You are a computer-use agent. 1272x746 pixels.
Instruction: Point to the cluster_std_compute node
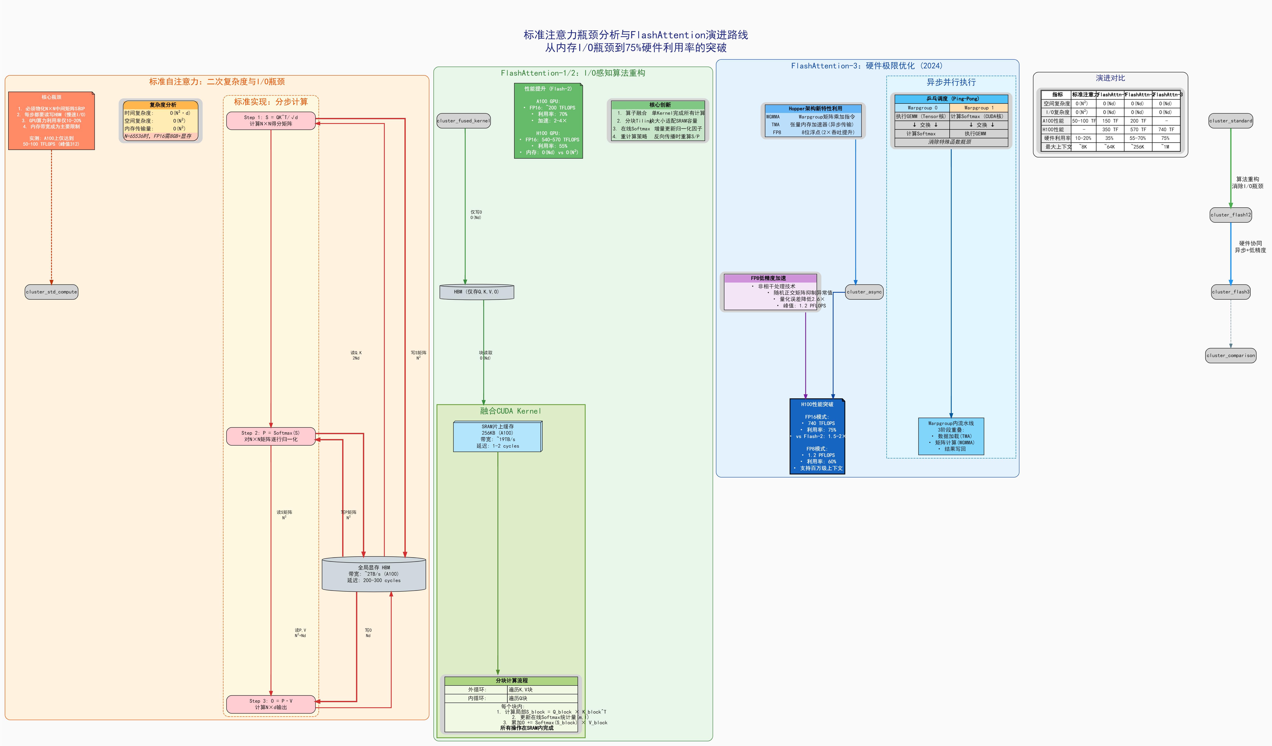(x=51, y=292)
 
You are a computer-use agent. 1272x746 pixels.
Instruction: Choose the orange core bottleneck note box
(x=51, y=121)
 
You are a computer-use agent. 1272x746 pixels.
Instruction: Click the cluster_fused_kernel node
(x=463, y=121)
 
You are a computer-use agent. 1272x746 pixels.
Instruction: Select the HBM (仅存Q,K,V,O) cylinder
(x=476, y=292)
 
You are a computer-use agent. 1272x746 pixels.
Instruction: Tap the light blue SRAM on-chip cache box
(x=498, y=436)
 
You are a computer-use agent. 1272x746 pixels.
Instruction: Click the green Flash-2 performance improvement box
(x=548, y=121)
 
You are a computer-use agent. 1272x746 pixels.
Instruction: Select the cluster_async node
(x=864, y=292)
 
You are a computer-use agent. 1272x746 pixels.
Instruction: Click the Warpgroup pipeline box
(x=951, y=436)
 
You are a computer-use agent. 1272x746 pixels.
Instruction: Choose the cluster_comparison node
(x=1231, y=355)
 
